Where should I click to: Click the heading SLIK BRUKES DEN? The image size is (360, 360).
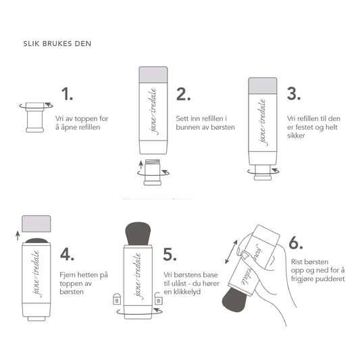[x=56, y=45]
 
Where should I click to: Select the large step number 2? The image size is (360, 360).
[x=182, y=94]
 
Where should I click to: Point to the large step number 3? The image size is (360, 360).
[x=294, y=94]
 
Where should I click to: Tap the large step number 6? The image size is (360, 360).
[x=295, y=244]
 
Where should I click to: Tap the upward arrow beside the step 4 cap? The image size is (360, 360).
[x=17, y=234]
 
